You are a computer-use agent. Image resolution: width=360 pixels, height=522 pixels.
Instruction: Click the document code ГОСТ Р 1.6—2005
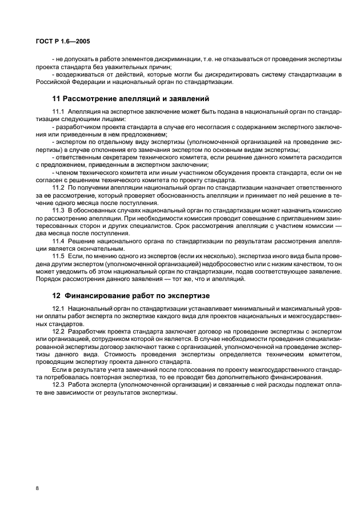(x=57, y=41)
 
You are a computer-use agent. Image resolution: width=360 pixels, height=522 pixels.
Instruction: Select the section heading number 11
(x=57, y=98)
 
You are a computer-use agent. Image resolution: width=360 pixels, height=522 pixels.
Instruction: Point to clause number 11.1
(x=58, y=111)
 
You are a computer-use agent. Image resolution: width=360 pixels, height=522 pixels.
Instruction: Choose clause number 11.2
(x=58, y=187)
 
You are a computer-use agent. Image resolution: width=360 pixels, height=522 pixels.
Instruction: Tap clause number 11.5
(x=58, y=258)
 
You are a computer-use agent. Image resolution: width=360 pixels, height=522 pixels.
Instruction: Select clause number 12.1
(x=58, y=309)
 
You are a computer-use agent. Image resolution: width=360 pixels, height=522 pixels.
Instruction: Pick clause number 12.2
(x=58, y=332)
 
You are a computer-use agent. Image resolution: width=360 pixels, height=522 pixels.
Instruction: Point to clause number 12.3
(x=58, y=387)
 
